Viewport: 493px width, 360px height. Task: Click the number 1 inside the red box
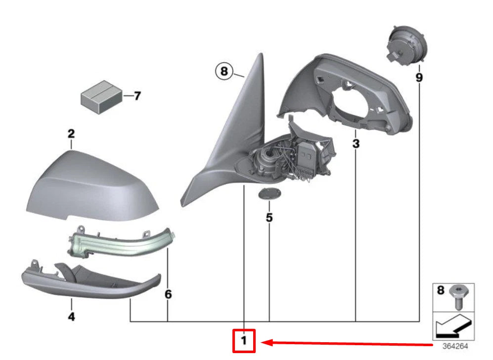point(244,341)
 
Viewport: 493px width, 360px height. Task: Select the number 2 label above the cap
point(71,134)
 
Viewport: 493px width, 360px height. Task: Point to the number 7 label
point(137,95)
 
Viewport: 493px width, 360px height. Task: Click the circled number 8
point(224,72)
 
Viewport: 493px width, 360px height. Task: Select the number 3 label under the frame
point(356,144)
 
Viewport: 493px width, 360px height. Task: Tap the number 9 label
point(419,78)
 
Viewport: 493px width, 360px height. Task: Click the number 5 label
point(269,217)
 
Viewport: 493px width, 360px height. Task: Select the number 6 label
point(168,295)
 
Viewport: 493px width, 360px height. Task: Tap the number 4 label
point(71,316)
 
